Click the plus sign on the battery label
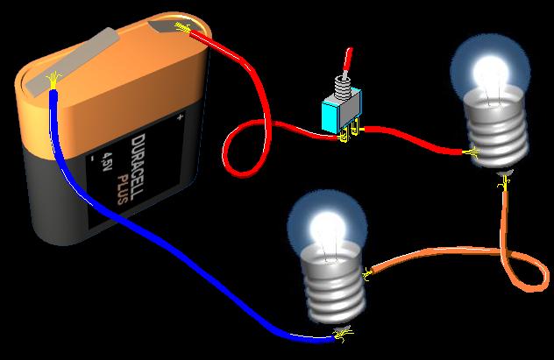[180, 116]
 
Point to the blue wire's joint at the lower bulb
[342, 333]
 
